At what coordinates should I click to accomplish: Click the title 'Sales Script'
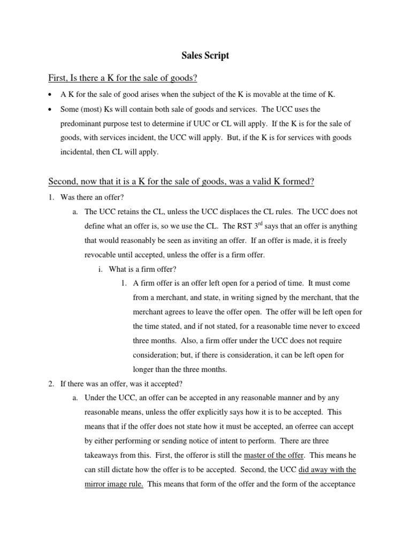pos(205,55)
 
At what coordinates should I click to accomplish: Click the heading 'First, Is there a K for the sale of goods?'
pos(123,78)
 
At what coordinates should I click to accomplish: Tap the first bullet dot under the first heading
pos(50,95)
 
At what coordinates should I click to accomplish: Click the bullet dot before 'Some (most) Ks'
pos(50,109)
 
